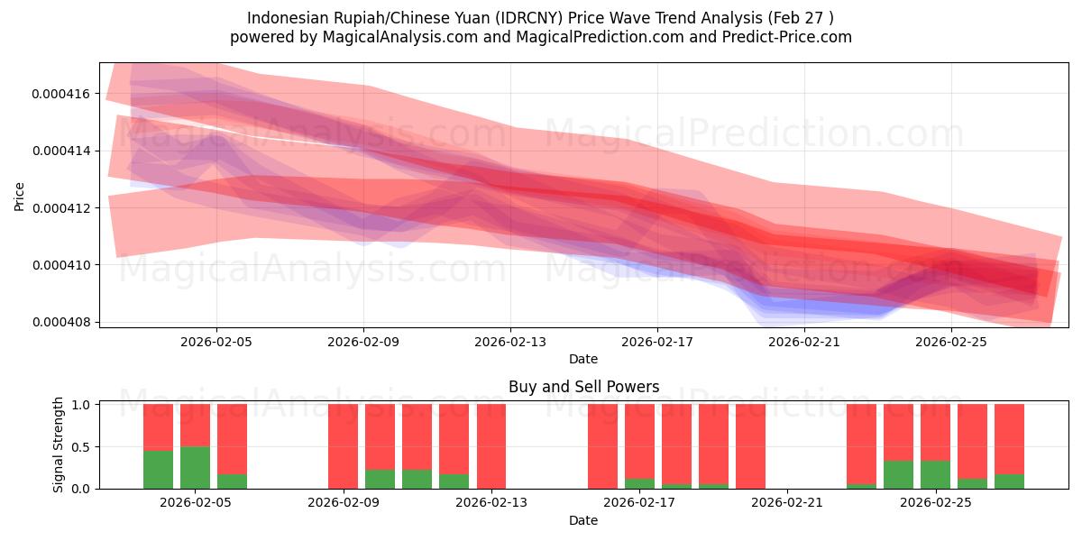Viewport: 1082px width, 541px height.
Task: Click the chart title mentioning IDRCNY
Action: tap(540, 18)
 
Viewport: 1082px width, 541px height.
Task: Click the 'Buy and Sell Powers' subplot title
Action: tap(583, 387)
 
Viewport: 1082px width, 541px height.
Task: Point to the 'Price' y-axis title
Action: tap(20, 195)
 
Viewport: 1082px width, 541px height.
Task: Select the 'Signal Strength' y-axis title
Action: tap(59, 445)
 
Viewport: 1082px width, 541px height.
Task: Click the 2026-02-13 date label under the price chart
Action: tap(510, 342)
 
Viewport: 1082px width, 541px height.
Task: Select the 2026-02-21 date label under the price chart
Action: tap(804, 342)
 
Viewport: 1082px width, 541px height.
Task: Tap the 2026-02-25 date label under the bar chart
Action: tap(935, 503)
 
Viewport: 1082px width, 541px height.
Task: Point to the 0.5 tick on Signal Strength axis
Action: tap(79, 447)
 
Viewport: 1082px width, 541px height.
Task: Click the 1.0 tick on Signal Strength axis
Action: tap(79, 405)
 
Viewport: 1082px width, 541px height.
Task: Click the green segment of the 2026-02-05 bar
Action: tap(195, 467)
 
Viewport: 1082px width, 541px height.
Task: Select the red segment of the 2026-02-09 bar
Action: tap(343, 445)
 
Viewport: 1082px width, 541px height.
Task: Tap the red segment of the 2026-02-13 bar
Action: tap(491, 445)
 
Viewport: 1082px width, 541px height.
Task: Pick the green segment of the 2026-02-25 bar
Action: tap(935, 474)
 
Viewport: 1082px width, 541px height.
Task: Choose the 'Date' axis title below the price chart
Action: tap(583, 359)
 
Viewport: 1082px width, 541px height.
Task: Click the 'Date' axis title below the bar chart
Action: tap(583, 520)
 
